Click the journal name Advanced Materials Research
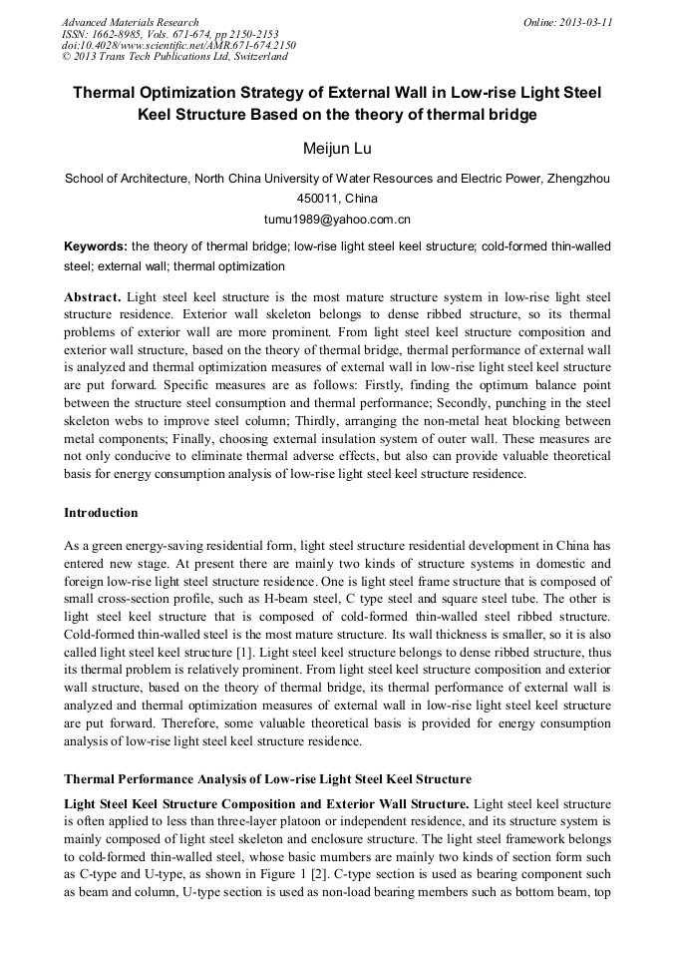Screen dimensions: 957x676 pos(130,22)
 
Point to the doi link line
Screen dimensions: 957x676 pos(178,46)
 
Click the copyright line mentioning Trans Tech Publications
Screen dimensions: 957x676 pos(174,57)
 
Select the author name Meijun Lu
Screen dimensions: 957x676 pos(337,149)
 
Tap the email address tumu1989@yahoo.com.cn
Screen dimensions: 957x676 pos(337,219)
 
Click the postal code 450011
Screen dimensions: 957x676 pos(316,199)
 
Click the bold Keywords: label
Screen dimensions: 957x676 pos(96,246)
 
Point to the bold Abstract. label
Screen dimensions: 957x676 pos(94,297)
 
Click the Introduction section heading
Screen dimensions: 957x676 pos(101,513)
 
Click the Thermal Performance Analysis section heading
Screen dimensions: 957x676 pos(268,778)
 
